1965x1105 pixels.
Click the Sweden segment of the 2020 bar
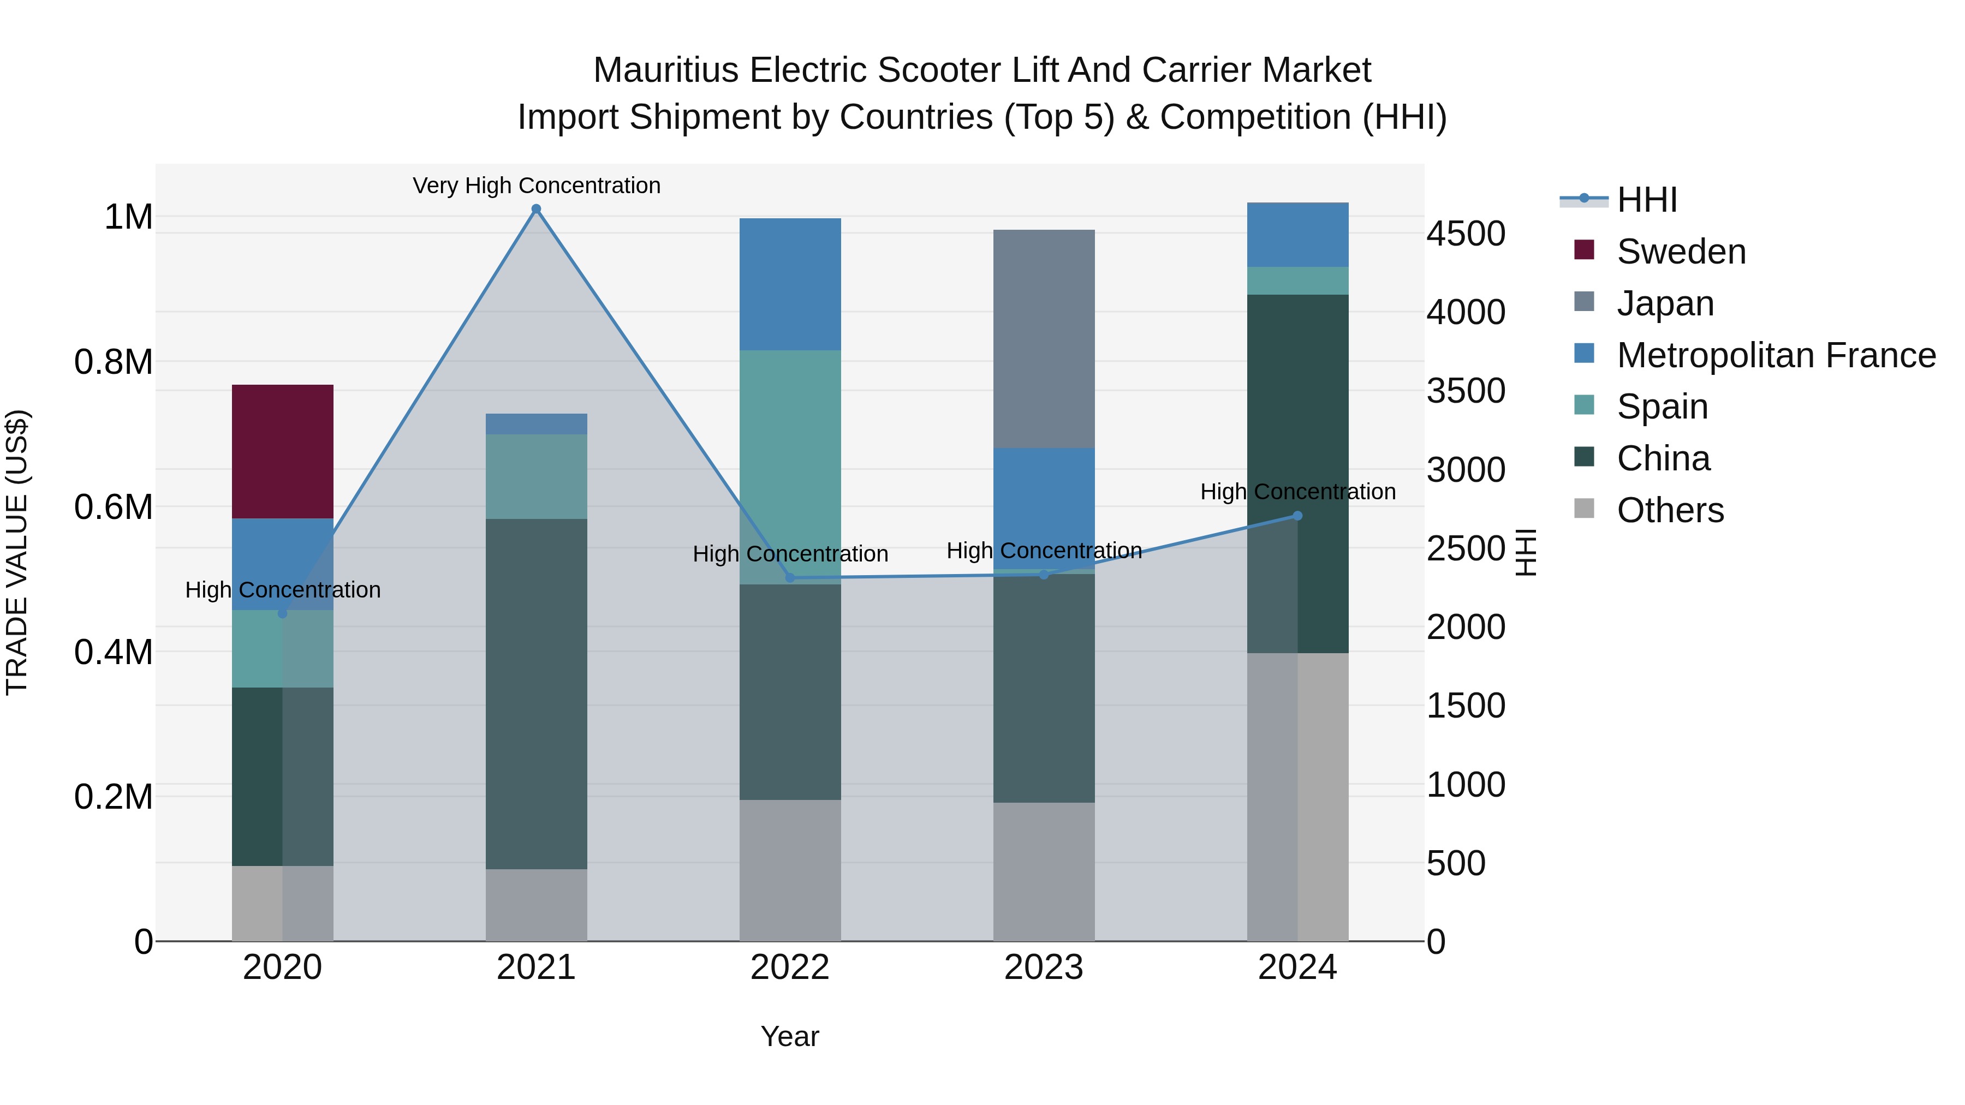[x=282, y=451]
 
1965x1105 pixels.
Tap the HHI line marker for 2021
[x=536, y=209]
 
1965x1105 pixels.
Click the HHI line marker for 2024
[x=1297, y=516]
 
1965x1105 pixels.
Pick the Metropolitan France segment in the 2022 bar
[x=790, y=284]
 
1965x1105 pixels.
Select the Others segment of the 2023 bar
[x=1044, y=871]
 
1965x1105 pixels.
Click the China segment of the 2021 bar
[x=536, y=694]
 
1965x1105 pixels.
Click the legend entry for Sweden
[x=1681, y=252]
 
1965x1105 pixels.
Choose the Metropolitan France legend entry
[x=1776, y=355]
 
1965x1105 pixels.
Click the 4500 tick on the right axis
[x=1466, y=234]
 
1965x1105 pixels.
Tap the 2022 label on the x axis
[x=790, y=967]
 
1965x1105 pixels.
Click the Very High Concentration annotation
[x=536, y=186]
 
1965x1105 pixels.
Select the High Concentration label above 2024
[x=1297, y=492]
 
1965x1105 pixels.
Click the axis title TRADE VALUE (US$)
[x=17, y=552]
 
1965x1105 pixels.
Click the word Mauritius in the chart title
[x=666, y=70]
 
